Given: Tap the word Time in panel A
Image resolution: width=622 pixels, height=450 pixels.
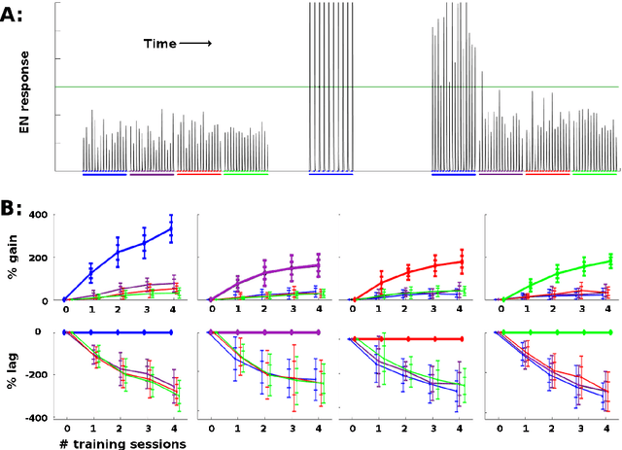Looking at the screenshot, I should (160, 44).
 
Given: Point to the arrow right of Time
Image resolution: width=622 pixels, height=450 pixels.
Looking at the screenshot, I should (196, 44).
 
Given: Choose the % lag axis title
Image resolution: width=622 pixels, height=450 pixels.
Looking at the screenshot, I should (14, 374).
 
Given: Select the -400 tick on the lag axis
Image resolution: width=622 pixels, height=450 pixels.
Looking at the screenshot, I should (38, 418).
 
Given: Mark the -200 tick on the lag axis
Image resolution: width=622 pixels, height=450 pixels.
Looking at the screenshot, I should (38, 375).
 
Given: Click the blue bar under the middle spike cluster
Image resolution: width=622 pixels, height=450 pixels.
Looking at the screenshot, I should (330, 173).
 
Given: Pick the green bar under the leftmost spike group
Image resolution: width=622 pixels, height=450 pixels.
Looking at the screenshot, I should (246, 173).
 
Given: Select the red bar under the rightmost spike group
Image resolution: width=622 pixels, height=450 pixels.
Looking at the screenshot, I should (548, 173).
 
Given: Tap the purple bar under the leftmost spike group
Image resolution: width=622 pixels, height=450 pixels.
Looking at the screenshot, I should (152, 173).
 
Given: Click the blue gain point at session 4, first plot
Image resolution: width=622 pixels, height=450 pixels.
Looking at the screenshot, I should (171, 228).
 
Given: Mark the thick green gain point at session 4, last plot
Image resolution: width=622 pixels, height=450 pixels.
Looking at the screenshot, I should (608, 260).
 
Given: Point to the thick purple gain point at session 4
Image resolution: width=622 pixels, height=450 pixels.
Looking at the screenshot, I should (317, 264).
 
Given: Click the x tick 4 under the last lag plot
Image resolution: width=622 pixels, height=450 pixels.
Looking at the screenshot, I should (608, 428).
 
